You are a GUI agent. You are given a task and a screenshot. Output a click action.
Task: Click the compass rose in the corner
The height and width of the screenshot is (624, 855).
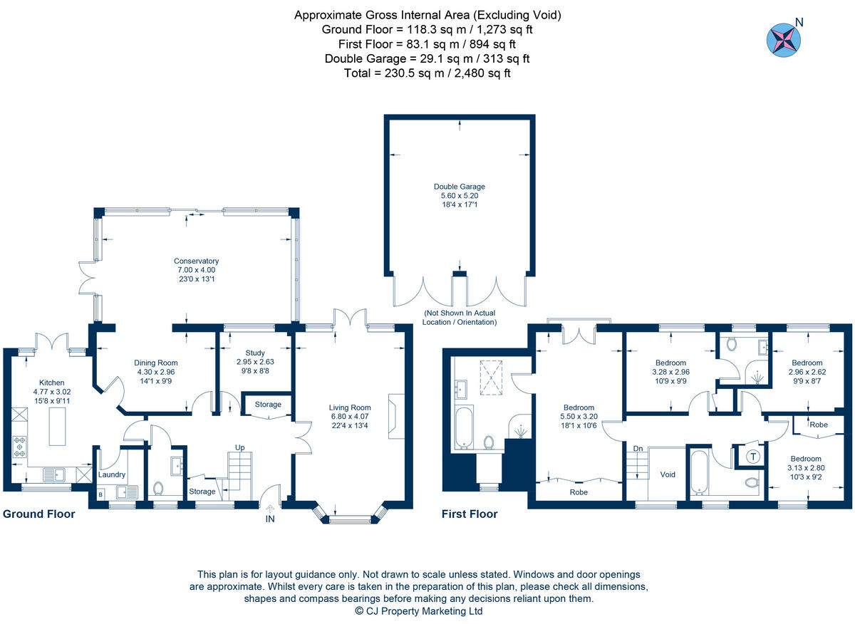click(x=782, y=39)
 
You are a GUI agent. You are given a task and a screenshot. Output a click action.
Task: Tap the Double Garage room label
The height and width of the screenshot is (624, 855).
click(x=459, y=187)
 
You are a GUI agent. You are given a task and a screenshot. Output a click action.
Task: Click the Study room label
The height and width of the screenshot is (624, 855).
click(x=254, y=353)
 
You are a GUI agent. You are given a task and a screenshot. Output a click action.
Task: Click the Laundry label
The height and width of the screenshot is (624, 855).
click(x=112, y=474)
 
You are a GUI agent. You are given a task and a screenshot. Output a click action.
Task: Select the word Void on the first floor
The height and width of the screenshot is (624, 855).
click(x=668, y=474)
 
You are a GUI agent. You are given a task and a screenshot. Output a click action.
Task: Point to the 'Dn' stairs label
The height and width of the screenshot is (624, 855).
click(x=638, y=448)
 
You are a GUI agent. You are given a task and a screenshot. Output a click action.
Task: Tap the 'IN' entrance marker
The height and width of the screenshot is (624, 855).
click(x=270, y=519)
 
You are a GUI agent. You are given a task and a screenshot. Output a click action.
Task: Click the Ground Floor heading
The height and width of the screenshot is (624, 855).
click(x=39, y=514)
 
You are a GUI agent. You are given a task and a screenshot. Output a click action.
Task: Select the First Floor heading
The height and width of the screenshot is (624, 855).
click(x=470, y=514)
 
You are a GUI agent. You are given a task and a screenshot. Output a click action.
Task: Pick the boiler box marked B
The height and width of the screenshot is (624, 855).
click(x=100, y=493)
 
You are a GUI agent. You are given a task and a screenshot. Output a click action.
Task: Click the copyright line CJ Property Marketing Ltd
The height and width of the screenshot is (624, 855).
click(x=419, y=611)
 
